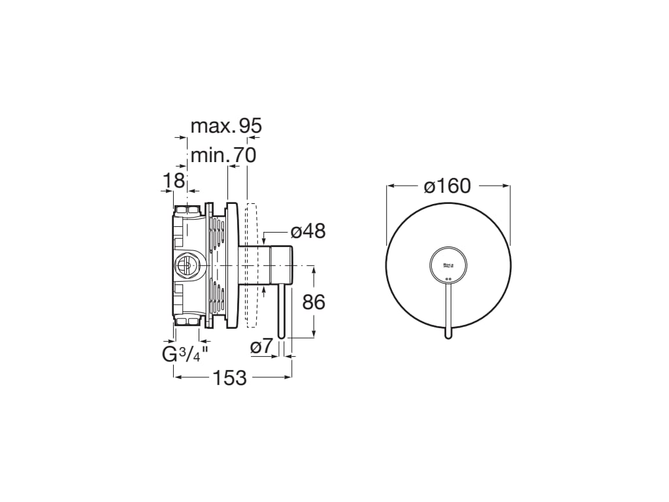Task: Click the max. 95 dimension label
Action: [x=226, y=125]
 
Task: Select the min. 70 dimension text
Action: [x=223, y=156]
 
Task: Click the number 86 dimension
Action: [x=314, y=302]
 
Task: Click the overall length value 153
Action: [x=229, y=377]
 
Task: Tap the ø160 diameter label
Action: [x=447, y=186]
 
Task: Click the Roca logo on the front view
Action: [x=448, y=265]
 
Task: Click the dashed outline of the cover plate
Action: [x=252, y=265]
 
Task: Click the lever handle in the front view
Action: [x=448, y=307]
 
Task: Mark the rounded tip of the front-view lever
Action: [x=448, y=336]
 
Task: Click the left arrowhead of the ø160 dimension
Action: [x=390, y=186]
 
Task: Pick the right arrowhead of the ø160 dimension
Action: [x=506, y=186]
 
